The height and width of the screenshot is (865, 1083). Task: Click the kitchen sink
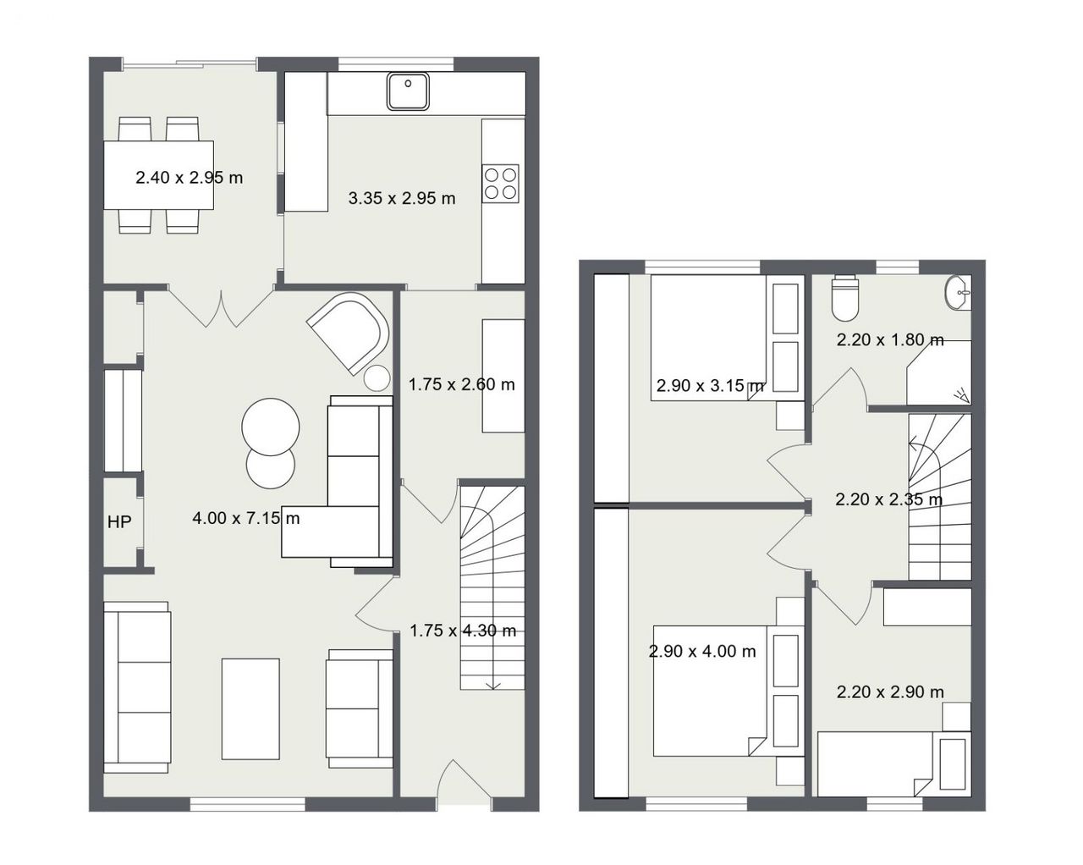point(408,91)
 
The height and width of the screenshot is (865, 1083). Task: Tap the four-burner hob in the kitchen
point(500,184)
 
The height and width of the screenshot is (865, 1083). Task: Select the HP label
point(120,522)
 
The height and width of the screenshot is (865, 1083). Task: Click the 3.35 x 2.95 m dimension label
point(402,198)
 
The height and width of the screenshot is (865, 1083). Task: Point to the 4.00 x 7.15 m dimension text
point(246,518)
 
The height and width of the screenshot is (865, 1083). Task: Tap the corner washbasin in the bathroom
point(958,293)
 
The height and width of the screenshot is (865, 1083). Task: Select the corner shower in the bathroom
point(939,372)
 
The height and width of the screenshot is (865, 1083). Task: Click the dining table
point(158,174)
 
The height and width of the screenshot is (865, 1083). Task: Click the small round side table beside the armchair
point(377,377)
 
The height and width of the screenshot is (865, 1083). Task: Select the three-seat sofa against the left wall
point(137,687)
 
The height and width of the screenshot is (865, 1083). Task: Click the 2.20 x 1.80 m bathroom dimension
point(890,340)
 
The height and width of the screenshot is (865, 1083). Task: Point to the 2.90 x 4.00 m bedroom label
point(702,652)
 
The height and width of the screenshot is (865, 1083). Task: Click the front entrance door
point(464,786)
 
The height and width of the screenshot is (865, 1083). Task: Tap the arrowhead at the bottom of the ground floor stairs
point(492,685)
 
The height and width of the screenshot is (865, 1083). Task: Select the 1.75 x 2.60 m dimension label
point(461,384)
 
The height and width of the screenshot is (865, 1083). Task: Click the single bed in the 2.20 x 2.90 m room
point(894,764)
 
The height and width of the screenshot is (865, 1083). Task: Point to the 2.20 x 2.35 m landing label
point(888,499)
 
